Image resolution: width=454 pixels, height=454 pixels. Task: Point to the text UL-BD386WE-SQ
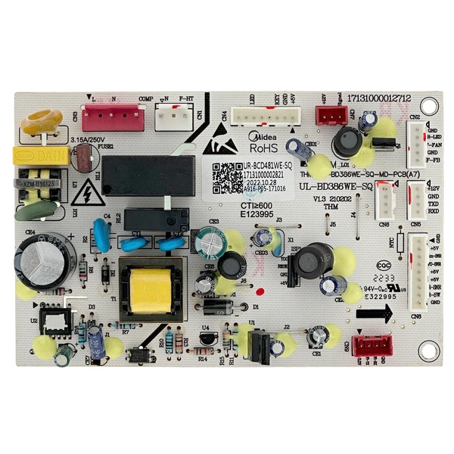[x=336, y=186]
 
